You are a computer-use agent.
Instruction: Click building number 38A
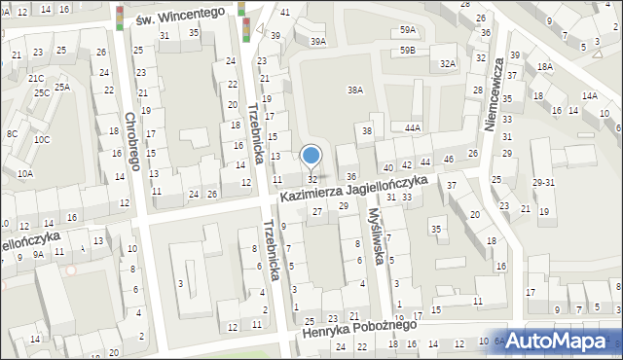[x=355, y=90]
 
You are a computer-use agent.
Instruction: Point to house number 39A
[x=317, y=42]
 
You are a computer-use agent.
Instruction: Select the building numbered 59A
[x=407, y=31]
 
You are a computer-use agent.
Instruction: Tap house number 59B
[x=407, y=49]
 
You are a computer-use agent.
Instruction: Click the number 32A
[x=447, y=63]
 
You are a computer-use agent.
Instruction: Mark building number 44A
[x=413, y=127]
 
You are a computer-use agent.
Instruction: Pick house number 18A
[x=544, y=66]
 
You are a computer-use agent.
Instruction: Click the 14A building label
[x=589, y=95]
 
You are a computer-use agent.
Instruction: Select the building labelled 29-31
[x=543, y=183]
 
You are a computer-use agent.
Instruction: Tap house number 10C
[x=42, y=139]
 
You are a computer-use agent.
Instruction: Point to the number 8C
[x=12, y=133]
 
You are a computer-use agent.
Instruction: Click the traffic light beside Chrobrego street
[x=119, y=18]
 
